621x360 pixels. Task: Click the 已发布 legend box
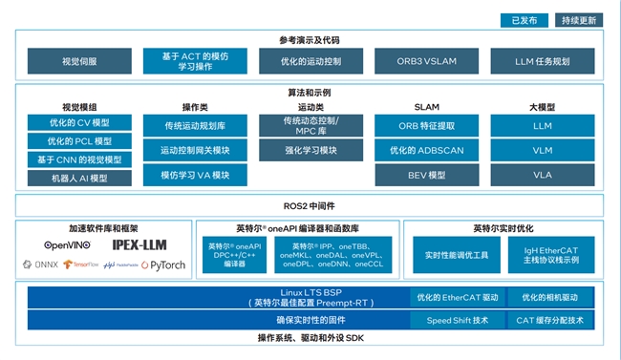tap(524, 19)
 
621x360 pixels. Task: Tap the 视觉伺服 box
tap(78, 62)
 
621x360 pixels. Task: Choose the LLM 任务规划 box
tap(542, 62)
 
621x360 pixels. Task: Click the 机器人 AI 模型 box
tap(79, 178)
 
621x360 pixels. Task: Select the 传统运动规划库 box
tap(196, 126)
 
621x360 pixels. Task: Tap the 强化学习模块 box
tap(310, 151)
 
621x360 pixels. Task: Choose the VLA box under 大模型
tap(542, 176)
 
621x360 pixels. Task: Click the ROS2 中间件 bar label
tap(310, 205)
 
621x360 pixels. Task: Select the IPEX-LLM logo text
tap(141, 245)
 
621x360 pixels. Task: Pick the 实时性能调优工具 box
tap(457, 256)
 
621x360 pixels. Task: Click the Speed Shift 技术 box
tap(457, 321)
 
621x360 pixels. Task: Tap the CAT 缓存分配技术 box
tap(551, 321)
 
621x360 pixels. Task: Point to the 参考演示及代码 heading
tap(310, 40)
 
